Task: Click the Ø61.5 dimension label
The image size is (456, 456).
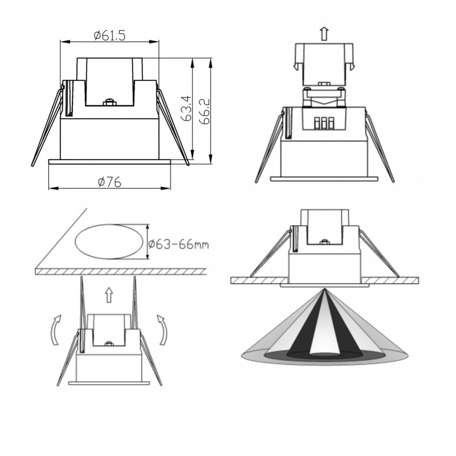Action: pos(109,35)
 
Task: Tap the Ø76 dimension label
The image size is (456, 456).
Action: pos(109,182)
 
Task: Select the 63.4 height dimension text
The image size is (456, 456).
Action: pos(186,108)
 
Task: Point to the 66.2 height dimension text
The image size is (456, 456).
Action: pos(205,111)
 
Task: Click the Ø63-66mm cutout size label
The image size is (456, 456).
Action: pos(178,244)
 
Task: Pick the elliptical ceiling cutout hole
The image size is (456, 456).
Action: pos(109,241)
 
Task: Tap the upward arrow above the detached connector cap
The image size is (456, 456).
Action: pos(324,34)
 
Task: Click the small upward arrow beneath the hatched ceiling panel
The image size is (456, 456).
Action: pos(109,295)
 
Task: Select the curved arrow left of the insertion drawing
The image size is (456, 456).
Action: pos(56,330)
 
